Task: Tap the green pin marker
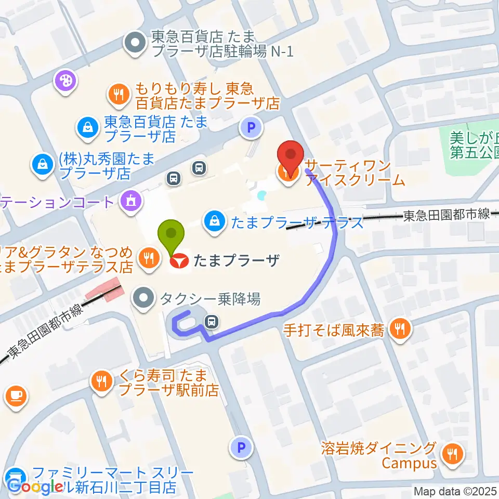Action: tap(174, 237)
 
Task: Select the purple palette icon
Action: tap(66, 81)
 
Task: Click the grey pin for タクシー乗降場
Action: tap(144, 298)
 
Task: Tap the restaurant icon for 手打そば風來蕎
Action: tap(400, 329)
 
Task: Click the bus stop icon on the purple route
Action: tap(212, 322)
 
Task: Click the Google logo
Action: tap(35, 487)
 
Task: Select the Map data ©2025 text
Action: tap(455, 491)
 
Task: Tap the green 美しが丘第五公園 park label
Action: tap(470, 146)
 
